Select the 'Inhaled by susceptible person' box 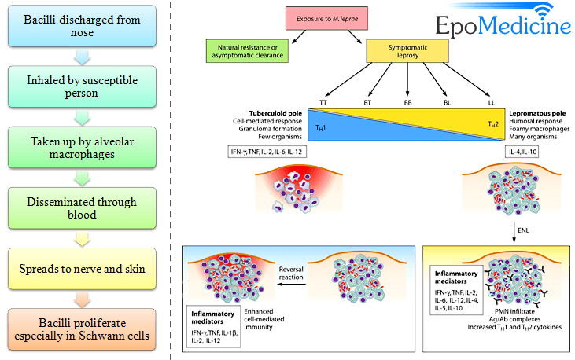(x=83, y=89)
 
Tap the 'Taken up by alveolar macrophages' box (x=83, y=149)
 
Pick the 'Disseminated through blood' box (x=83, y=209)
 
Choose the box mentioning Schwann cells (x=83, y=329)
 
